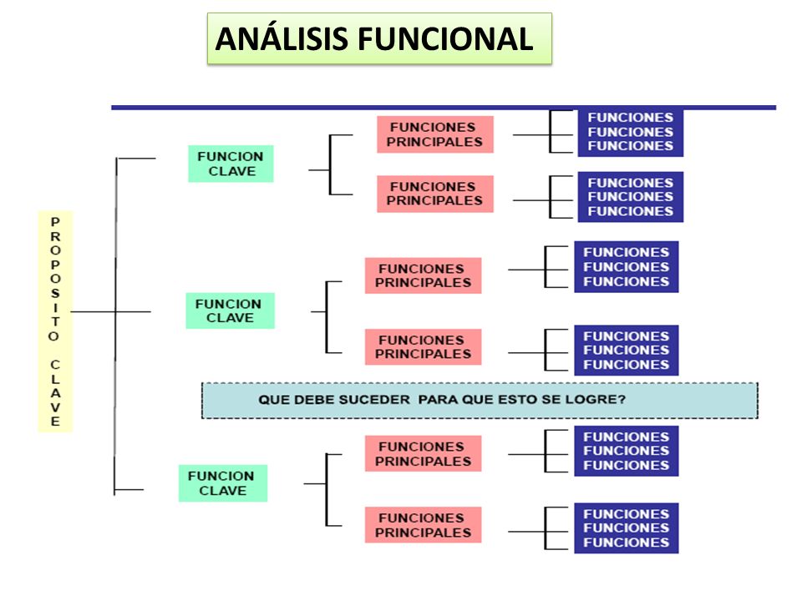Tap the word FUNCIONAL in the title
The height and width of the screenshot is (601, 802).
point(445,39)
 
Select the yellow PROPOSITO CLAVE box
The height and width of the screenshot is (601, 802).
point(56,321)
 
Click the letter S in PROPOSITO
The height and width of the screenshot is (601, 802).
point(55,293)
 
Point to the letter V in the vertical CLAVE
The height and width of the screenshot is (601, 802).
point(55,407)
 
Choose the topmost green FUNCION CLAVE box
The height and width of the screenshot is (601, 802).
point(231,164)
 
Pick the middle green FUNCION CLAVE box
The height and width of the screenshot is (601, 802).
point(231,311)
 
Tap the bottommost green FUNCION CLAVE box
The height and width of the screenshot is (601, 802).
point(223,483)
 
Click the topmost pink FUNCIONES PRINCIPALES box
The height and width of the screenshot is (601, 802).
point(435,134)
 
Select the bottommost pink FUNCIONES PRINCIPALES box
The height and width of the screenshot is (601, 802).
point(423,525)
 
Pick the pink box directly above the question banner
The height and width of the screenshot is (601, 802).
point(423,347)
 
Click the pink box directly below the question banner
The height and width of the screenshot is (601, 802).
point(423,453)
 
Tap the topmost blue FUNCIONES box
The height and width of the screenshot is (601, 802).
point(631,132)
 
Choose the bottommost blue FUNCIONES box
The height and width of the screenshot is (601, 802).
point(627,528)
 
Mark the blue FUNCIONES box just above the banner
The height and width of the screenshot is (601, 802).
point(627,350)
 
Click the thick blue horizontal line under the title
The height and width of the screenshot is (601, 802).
point(444,108)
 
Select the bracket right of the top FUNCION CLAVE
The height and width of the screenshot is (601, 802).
point(330,165)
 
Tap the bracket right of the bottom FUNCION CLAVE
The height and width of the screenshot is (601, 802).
point(327,490)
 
